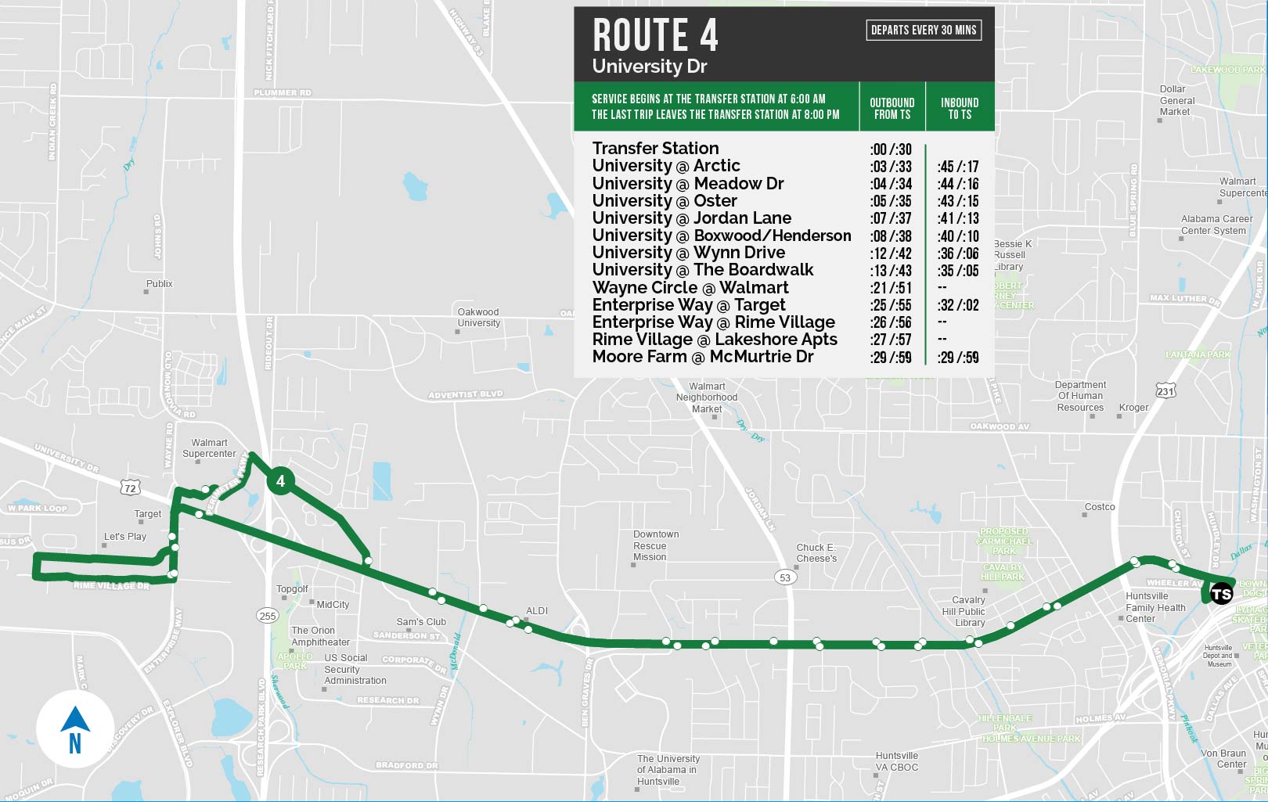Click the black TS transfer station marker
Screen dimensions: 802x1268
[1221, 595]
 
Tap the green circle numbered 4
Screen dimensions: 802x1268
[280, 481]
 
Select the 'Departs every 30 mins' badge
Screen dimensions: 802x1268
[924, 31]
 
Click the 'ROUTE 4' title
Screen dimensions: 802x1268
[655, 35]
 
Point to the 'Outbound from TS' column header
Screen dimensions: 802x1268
[892, 108]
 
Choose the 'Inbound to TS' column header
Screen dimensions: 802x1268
[960, 108]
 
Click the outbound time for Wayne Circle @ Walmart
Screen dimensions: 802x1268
[891, 288]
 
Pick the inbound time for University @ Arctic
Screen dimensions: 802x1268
[957, 167]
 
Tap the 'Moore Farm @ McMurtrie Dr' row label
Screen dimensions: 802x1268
[702, 357]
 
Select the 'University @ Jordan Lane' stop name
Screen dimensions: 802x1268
[691, 218]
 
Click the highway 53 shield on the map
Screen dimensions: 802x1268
[785, 577]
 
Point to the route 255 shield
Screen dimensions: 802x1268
[268, 616]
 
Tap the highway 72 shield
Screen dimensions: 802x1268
[130, 488]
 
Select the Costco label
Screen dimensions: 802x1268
[1099, 507]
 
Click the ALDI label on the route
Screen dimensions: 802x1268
[537, 611]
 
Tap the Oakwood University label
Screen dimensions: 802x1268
[478, 317]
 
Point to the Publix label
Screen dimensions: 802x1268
[159, 284]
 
